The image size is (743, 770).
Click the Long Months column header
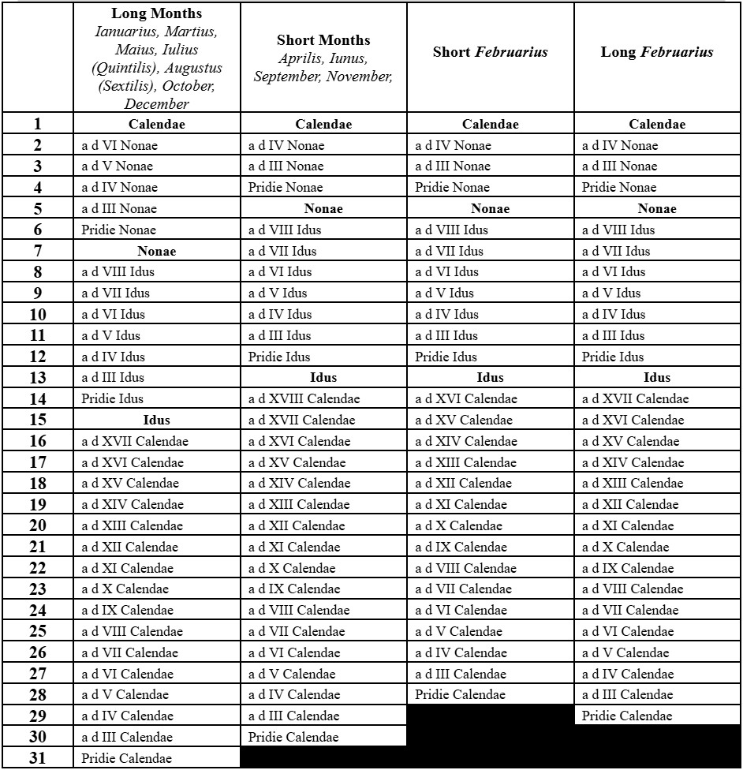click(156, 13)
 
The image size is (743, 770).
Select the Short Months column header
click(323, 40)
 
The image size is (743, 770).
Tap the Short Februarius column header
click(490, 53)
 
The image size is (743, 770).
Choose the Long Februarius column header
click(656, 53)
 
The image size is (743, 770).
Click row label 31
click(38, 758)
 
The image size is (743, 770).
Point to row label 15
click(38, 420)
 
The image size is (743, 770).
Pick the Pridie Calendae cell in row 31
click(126, 758)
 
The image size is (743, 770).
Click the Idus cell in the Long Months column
click(156, 420)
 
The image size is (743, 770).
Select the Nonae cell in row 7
click(156, 251)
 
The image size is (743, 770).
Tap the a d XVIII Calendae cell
click(304, 398)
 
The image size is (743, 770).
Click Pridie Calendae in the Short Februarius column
click(460, 695)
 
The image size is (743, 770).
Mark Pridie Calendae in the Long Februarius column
click(627, 716)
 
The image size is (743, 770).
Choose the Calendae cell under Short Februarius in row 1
click(490, 124)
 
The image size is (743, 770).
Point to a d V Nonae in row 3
click(118, 166)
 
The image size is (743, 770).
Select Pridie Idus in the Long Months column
click(113, 398)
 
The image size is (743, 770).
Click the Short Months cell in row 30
click(293, 737)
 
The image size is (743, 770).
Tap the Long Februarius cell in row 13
click(656, 378)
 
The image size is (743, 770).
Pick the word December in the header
click(156, 104)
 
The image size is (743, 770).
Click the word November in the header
click(358, 77)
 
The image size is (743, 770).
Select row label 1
click(38, 124)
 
